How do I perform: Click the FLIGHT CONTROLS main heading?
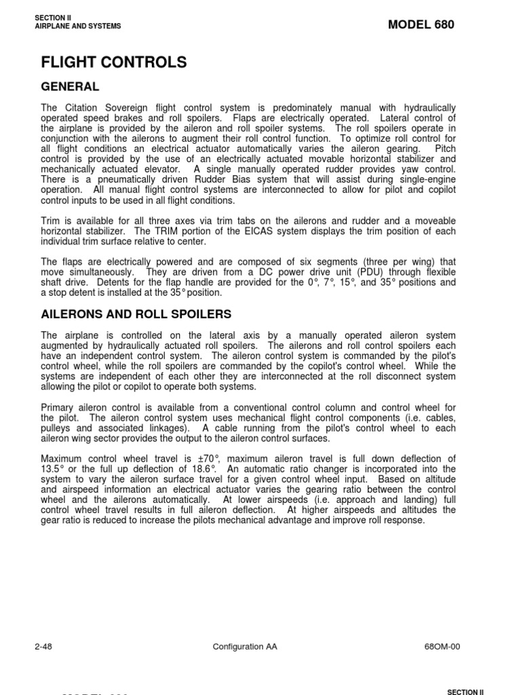pyautogui.click(x=113, y=62)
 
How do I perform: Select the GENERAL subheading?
pyautogui.click(x=70, y=87)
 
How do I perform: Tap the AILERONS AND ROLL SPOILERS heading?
pyautogui.click(x=136, y=314)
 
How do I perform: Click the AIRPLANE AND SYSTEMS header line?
pyautogui.click(x=77, y=26)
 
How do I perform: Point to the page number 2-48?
pyautogui.click(x=43, y=646)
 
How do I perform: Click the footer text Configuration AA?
pyautogui.click(x=244, y=646)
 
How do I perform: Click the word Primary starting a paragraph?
pyautogui.click(x=58, y=407)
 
